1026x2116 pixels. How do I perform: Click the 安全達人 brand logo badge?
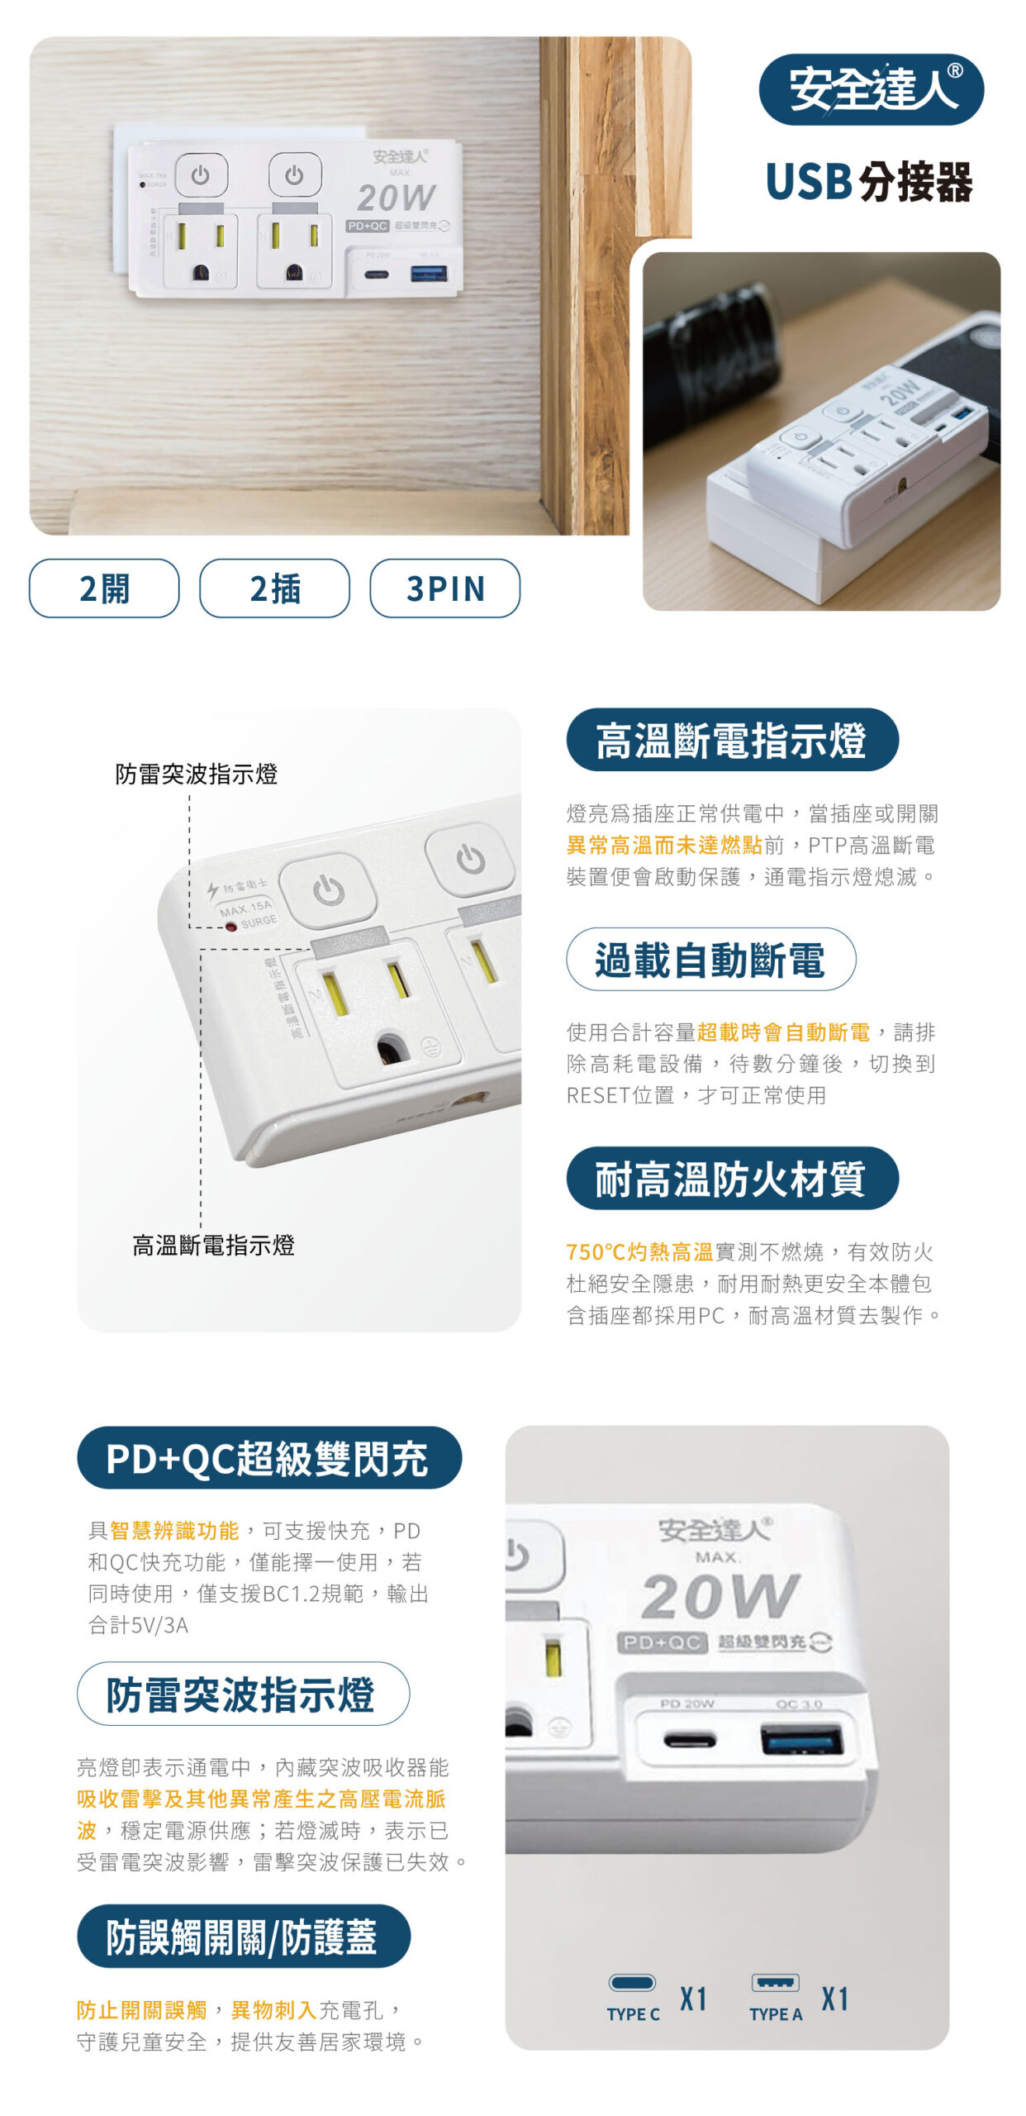pyautogui.click(x=871, y=89)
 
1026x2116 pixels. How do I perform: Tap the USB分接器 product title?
pyautogui.click(x=869, y=182)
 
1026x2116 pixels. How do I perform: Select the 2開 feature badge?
pyautogui.click(x=104, y=588)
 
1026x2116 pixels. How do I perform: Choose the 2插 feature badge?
pyautogui.click(x=274, y=588)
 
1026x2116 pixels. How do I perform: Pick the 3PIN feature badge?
pyautogui.click(x=444, y=588)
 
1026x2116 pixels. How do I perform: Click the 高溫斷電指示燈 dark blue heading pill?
pyautogui.click(x=732, y=740)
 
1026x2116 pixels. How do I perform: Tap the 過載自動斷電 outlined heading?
pyautogui.click(x=710, y=959)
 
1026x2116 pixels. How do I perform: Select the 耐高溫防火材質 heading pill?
pyautogui.click(x=732, y=1178)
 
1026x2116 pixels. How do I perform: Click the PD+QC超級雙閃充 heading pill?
pyautogui.click(x=268, y=1457)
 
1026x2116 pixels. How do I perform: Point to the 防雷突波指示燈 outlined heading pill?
pyautogui.click(x=243, y=1694)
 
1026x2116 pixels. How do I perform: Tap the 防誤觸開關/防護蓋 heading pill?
pyautogui.click(x=243, y=1936)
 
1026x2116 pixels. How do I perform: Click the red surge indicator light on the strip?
pyautogui.click(x=231, y=927)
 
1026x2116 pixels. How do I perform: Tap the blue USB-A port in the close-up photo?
pyautogui.click(x=801, y=1740)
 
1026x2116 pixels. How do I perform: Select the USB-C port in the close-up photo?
pyautogui.click(x=690, y=1741)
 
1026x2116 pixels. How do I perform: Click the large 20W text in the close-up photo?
pyautogui.click(x=720, y=1595)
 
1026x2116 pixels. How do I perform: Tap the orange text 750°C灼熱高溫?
pyautogui.click(x=639, y=1251)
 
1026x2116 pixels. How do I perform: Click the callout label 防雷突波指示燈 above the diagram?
pyautogui.click(x=197, y=774)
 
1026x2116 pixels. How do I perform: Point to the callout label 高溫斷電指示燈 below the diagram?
pyautogui.click(x=214, y=1245)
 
